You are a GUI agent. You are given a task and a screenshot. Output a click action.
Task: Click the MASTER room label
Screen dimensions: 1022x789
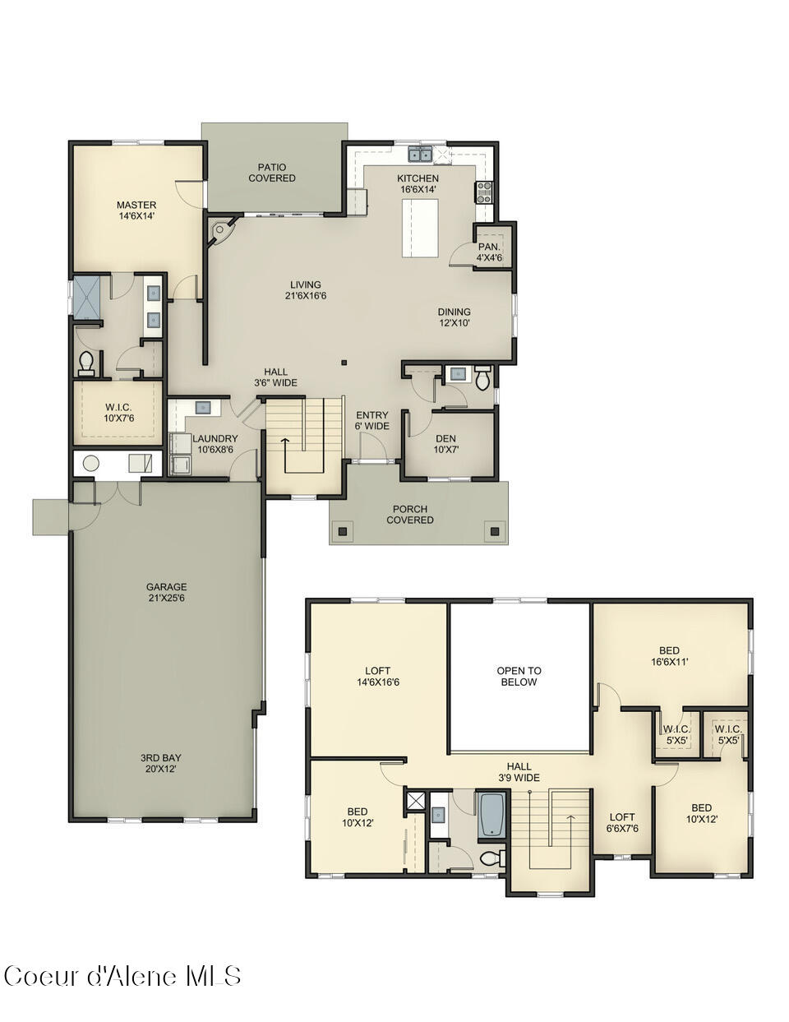[x=136, y=210]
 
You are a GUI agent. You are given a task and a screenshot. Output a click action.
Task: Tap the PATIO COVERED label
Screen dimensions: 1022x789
[x=271, y=173]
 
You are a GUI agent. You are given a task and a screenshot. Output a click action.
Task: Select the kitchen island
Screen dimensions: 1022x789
[x=418, y=228]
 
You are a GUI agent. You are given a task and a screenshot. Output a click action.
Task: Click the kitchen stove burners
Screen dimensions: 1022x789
[x=484, y=192]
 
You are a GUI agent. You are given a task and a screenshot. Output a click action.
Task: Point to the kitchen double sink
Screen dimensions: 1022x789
[x=422, y=154]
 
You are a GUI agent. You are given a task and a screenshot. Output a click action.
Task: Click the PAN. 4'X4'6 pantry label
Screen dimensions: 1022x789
[x=490, y=252]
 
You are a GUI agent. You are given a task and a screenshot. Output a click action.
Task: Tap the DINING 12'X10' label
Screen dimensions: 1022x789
[x=454, y=317]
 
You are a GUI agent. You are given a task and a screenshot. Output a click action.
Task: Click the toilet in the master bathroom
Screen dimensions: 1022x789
[x=87, y=362]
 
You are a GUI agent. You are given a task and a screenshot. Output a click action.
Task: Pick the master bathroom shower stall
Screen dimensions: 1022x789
[x=85, y=298]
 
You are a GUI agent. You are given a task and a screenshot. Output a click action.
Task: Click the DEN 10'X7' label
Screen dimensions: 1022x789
[x=446, y=444]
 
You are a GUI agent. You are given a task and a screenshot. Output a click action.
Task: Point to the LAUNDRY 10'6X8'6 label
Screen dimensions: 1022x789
[x=215, y=444]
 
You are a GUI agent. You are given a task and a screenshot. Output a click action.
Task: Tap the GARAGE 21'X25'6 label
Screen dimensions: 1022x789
[x=167, y=593]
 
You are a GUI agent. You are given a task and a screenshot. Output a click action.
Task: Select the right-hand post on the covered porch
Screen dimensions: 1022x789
[x=494, y=531]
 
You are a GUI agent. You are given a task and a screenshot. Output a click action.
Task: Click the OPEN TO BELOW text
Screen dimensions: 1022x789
[x=519, y=676]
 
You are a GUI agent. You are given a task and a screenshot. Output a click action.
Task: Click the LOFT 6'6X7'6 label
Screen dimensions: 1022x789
[x=621, y=823]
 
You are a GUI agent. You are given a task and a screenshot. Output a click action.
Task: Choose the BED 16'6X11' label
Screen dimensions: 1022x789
[x=669, y=655]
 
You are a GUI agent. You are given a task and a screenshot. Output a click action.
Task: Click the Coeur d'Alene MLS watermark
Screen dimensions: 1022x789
[x=122, y=976]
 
